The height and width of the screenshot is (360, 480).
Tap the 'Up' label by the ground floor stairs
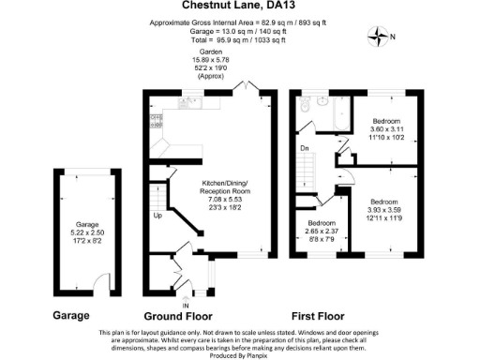pos(158,216)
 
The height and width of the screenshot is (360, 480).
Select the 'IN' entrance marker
pos(186,305)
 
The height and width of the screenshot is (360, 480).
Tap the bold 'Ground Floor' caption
pos(180,317)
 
